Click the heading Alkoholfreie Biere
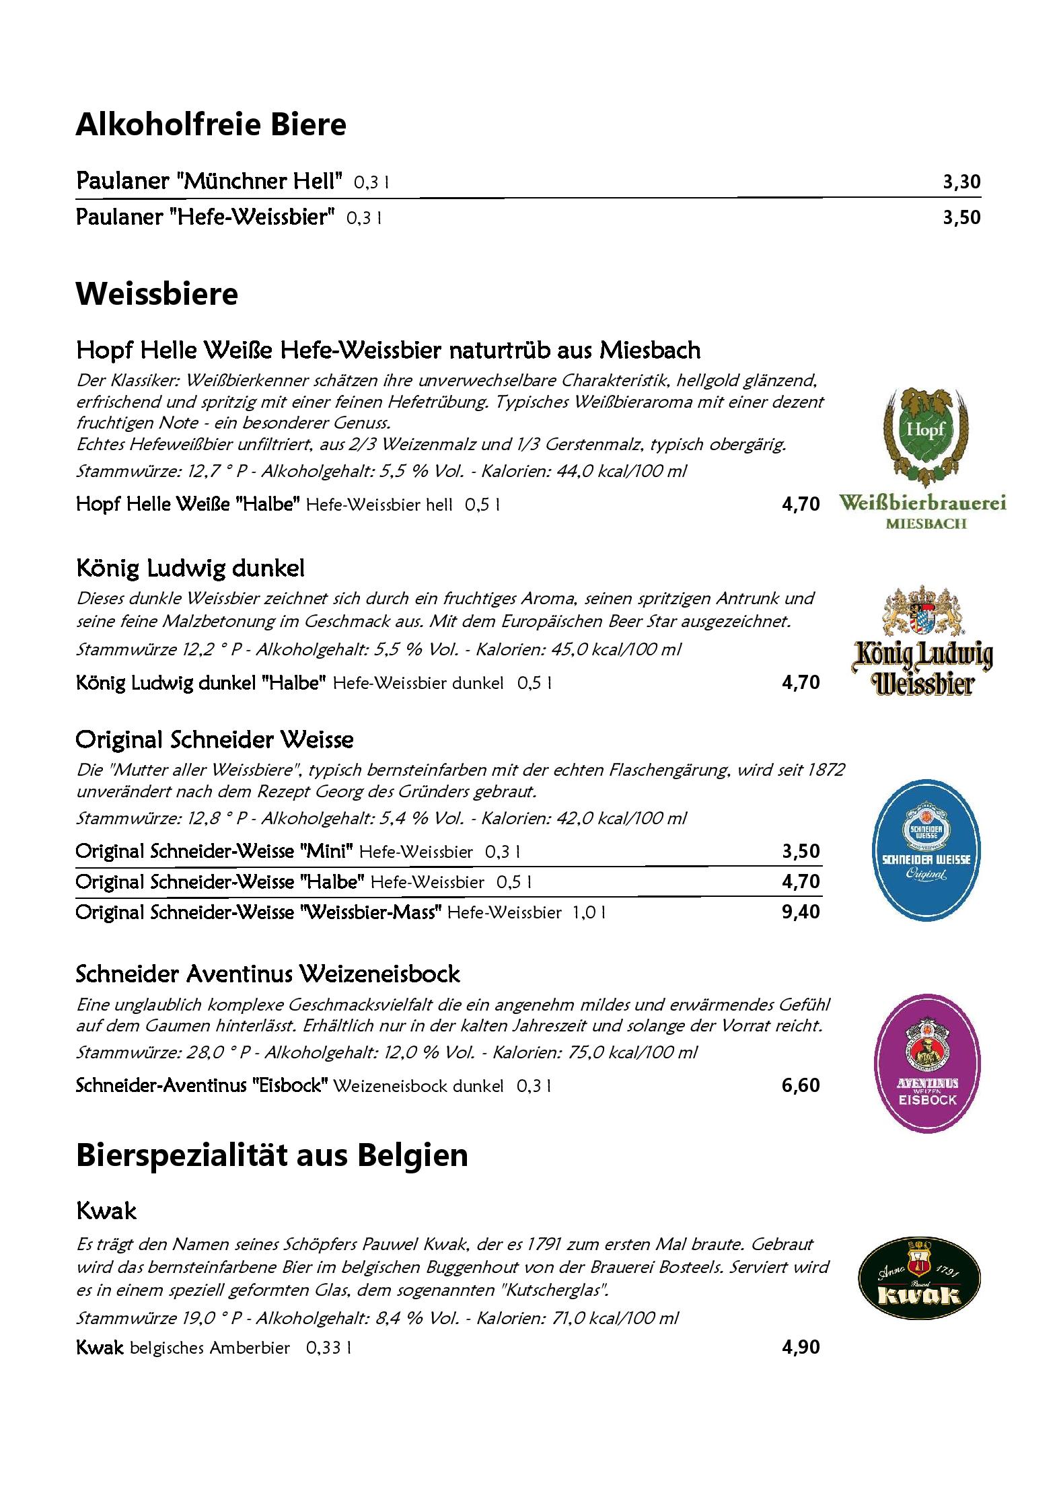(x=211, y=125)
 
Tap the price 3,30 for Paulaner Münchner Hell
(x=961, y=182)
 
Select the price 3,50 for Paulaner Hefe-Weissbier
(x=961, y=218)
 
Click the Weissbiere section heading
(x=157, y=295)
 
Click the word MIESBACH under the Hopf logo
(x=925, y=523)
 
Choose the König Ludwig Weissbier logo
(x=922, y=643)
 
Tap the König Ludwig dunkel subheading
(x=190, y=569)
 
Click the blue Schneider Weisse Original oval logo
(x=926, y=850)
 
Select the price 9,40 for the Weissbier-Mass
(x=801, y=912)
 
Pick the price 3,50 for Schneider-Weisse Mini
(x=801, y=852)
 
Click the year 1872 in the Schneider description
(x=825, y=770)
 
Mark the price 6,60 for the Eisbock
(x=801, y=1086)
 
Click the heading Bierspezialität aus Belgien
(x=272, y=1156)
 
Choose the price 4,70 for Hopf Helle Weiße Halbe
(x=801, y=505)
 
